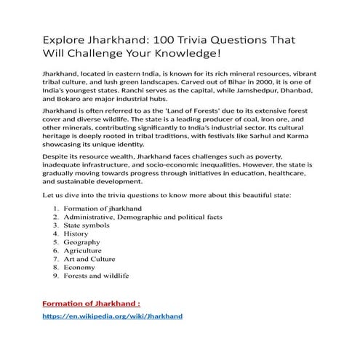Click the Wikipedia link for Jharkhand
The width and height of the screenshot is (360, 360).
pyautogui.click(x=112, y=316)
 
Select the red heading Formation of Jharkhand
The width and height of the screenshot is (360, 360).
pyautogui.click(x=92, y=302)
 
